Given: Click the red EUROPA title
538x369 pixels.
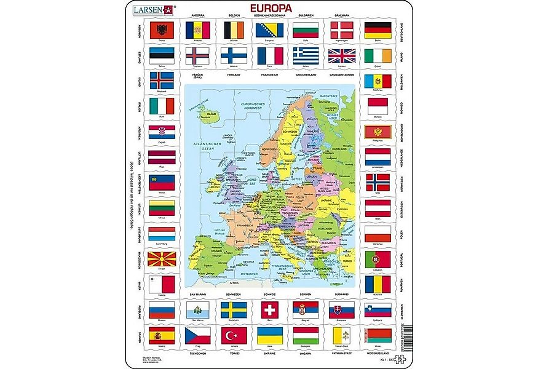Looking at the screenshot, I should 270,9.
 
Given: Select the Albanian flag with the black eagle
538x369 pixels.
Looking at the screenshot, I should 162,30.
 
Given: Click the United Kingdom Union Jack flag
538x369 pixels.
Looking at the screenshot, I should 341,56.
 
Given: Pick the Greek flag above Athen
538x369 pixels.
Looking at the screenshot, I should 306,56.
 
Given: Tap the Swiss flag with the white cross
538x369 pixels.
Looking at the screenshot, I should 269,309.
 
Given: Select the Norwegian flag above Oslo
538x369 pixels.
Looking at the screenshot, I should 378,181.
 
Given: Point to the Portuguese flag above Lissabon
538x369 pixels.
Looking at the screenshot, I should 378,258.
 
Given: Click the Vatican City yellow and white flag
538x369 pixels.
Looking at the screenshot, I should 341,335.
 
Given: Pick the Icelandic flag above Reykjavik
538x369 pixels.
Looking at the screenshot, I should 162,81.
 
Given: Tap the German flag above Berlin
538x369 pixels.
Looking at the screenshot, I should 378,30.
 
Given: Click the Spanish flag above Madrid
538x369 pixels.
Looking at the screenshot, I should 162,335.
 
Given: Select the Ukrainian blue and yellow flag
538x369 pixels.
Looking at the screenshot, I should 269,335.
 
